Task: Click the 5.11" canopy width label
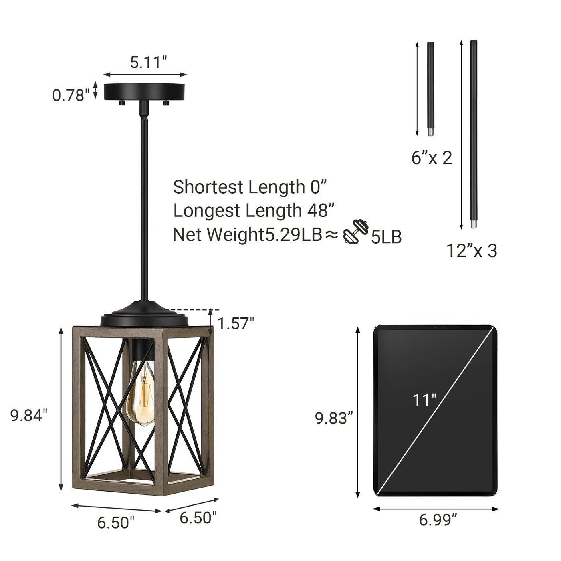149,62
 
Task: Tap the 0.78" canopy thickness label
71,95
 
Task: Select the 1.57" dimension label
236,323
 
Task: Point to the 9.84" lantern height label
29,415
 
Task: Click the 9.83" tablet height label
334,418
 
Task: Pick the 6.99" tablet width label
438,520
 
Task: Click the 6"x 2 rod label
432,158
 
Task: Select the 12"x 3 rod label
472,250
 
